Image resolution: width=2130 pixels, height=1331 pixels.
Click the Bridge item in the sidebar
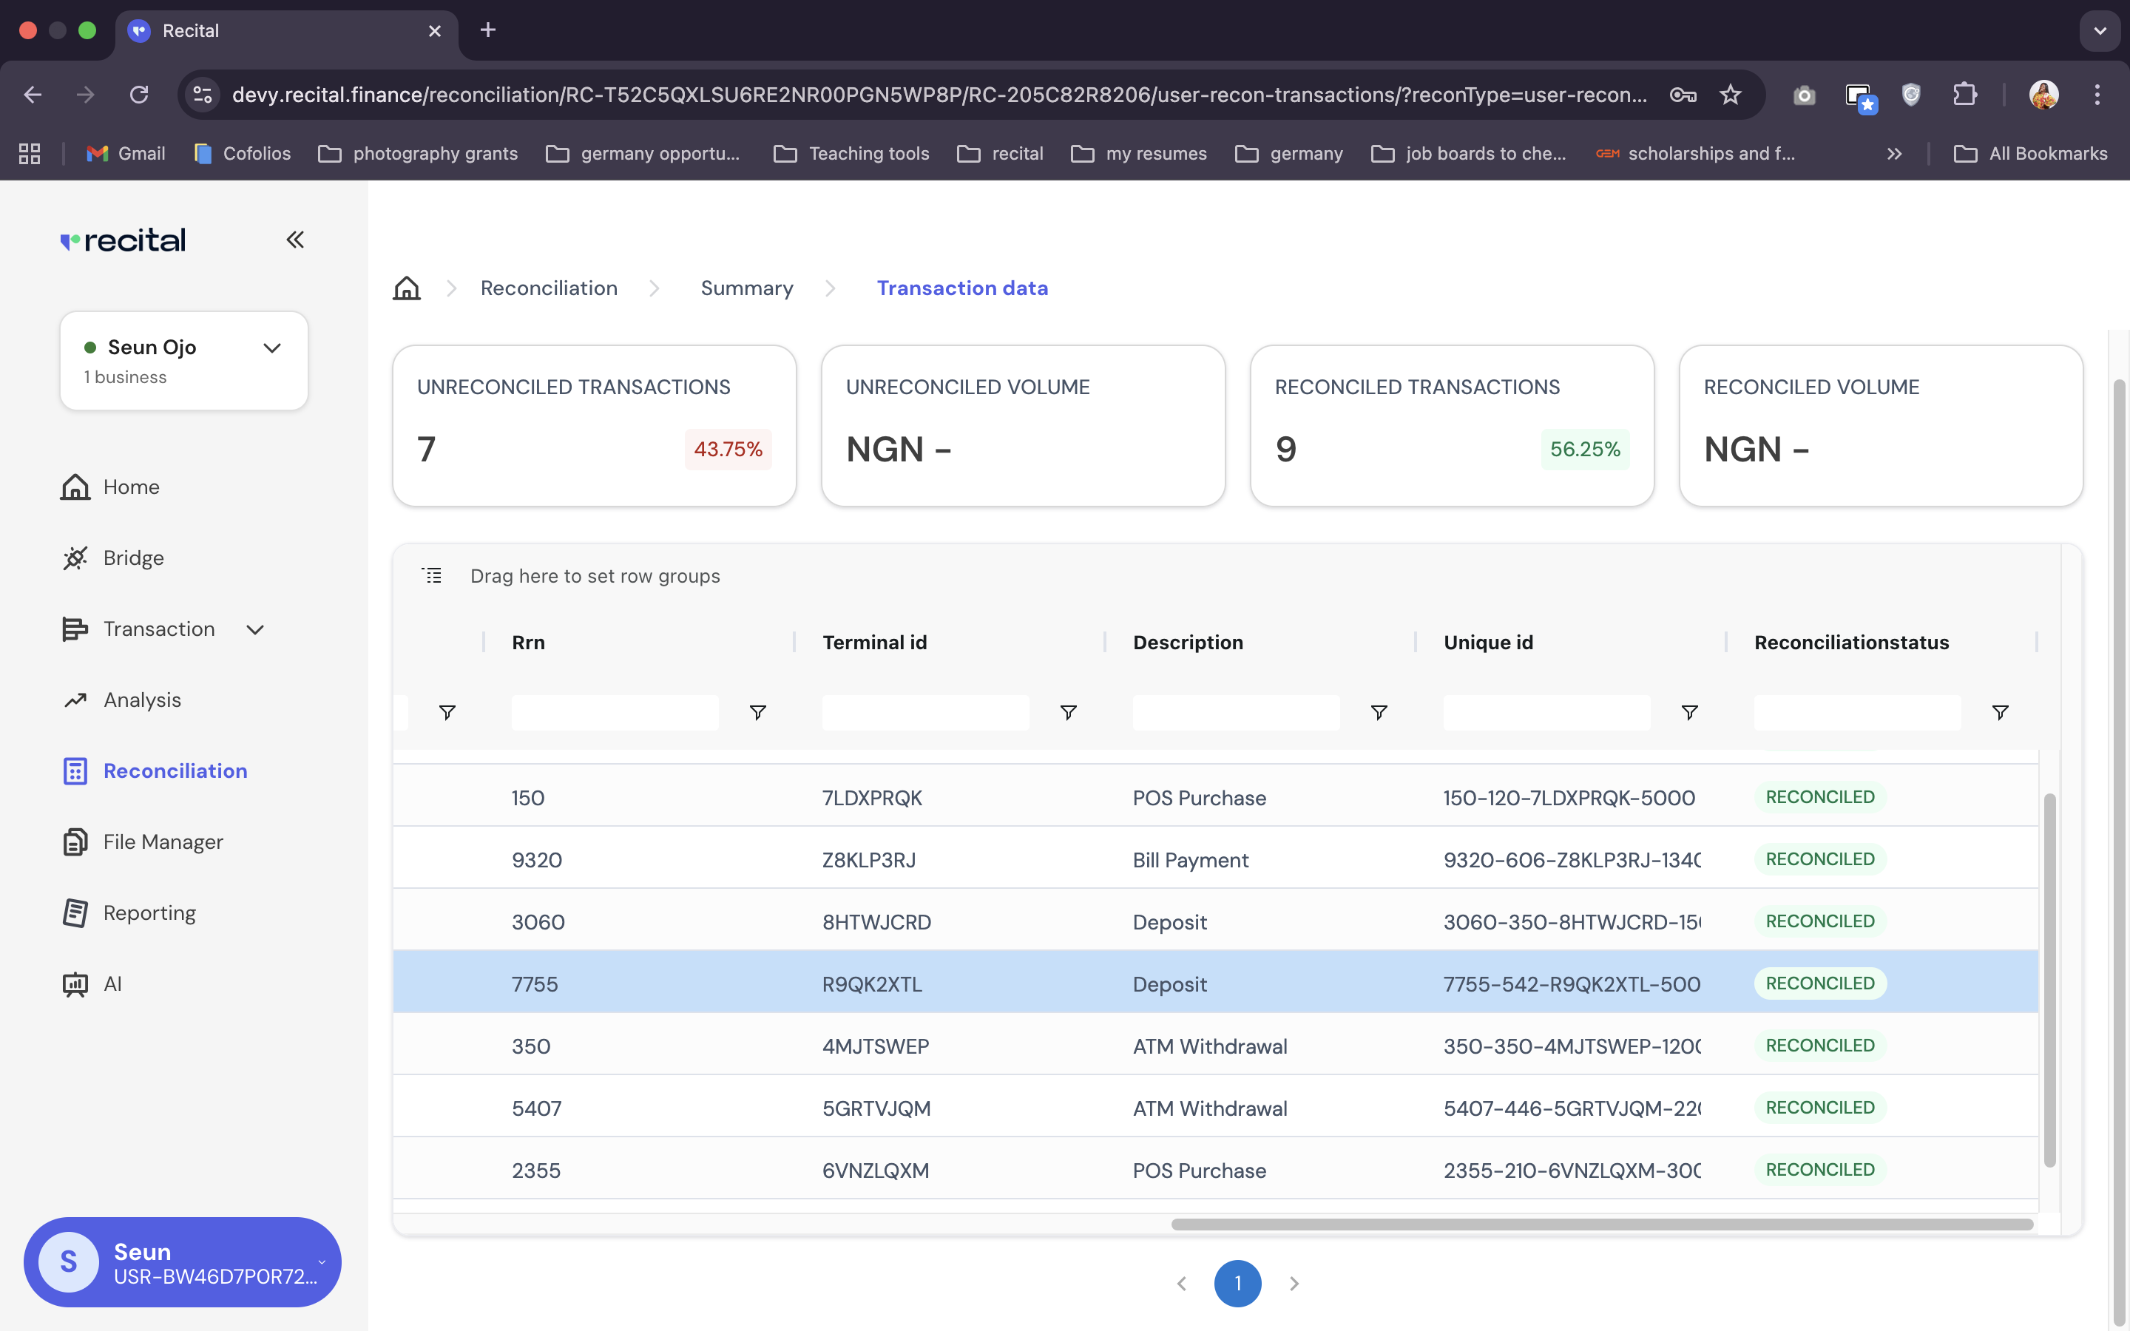point(133,558)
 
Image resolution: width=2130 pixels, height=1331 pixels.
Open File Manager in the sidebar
point(163,841)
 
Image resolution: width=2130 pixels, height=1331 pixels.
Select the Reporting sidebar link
point(149,913)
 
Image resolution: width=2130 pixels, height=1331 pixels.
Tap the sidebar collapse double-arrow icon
point(295,240)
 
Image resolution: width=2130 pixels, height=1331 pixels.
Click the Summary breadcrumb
point(746,288)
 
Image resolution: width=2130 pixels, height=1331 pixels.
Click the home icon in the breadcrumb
point(407,288)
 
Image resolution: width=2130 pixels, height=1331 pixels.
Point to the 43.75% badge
point(728,449)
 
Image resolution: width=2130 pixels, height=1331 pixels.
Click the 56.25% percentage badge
point(1584,449)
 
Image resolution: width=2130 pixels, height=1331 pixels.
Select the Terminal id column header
point(874,643)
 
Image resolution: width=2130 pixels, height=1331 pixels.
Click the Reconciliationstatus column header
point(1851,643)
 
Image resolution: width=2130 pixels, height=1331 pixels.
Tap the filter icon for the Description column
point(1379,712)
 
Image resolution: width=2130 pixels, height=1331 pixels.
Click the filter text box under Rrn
point(615,712)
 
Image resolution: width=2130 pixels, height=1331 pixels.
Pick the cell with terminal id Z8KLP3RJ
point(869,860)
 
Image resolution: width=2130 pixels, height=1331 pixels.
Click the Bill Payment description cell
point(1190,860)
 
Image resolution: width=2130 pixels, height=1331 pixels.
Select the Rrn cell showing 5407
point(536,1108)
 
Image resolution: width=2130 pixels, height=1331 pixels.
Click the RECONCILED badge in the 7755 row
point(1819,983)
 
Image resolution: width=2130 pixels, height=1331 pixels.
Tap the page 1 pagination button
point(1237,1284)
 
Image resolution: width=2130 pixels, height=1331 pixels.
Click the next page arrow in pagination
point(1294,1284)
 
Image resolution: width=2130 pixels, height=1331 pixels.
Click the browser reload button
point(139,94)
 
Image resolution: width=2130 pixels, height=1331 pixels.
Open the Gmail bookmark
point(126,153)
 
